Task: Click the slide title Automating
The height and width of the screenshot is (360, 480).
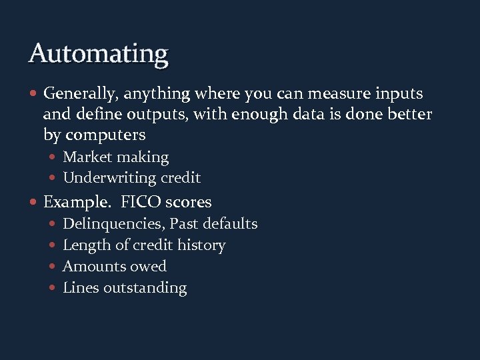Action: pyautogui.click(x=98, y=53)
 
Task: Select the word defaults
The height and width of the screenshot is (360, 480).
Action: pyautogui.click(x=230, y=223)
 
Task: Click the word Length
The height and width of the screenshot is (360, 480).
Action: pyautogui.click(x=85, y=245)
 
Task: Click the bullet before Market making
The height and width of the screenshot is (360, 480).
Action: pyautogui.click(x=53, y=158)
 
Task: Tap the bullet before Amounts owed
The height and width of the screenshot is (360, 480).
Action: pyautogui.click(x=53, y=267)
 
